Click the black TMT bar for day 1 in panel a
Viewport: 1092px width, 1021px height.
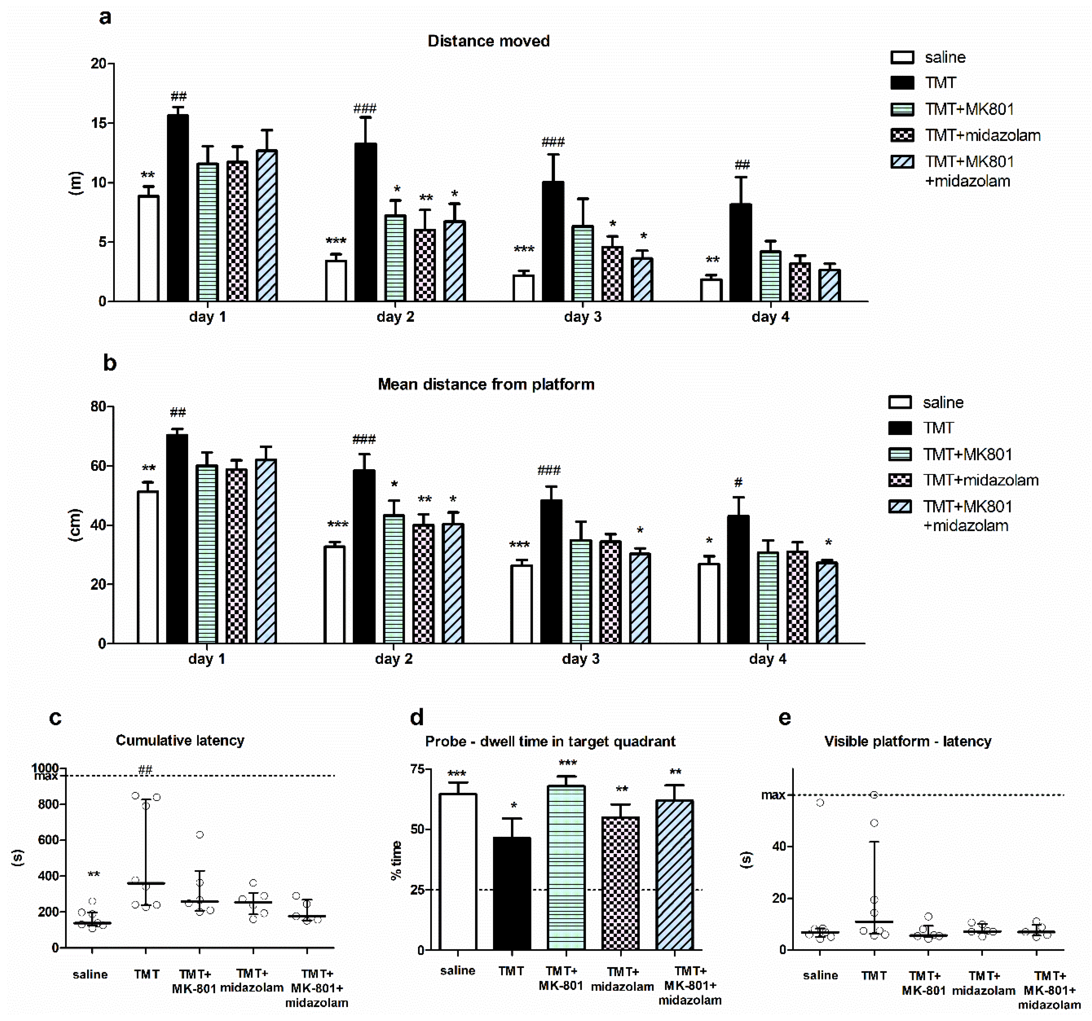coord(178,209)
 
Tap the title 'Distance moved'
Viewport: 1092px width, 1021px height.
coord(488,41)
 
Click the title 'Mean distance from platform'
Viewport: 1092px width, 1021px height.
coord(486,384)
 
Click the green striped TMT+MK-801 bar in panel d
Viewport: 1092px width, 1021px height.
coord(566,867)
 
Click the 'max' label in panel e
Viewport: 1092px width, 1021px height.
coord(773,795)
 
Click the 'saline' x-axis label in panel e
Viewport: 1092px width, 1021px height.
coord(820,975)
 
